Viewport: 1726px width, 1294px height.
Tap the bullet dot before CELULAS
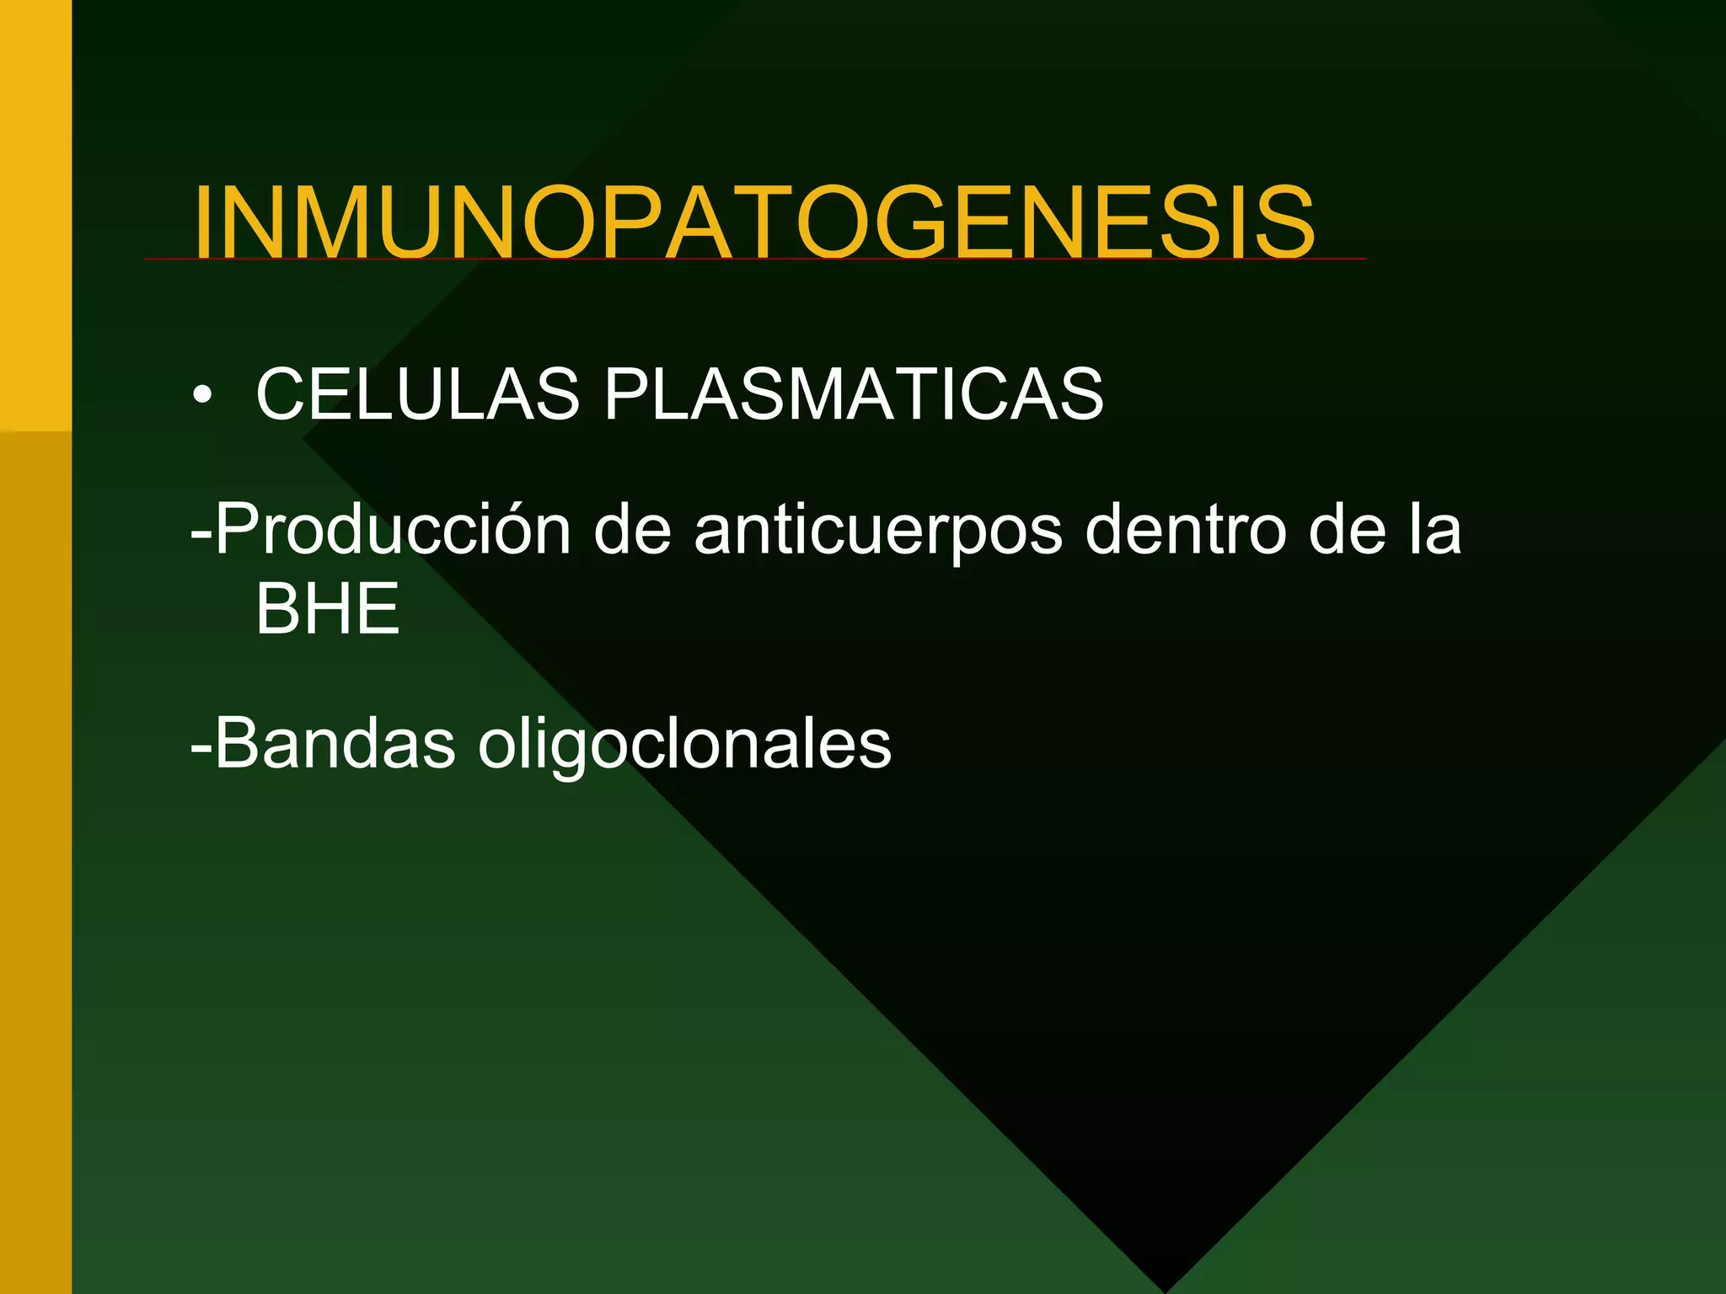click(x=201, y=394)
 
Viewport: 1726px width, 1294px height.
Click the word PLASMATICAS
click(x=853, y=394)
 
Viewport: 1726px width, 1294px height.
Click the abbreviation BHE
click(x=327, y=610)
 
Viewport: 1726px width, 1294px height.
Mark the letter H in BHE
click(x=328, y=610)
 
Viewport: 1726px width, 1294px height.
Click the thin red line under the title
click(x=1340, y=259)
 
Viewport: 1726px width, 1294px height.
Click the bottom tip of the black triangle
click(x=1166, y=1289)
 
